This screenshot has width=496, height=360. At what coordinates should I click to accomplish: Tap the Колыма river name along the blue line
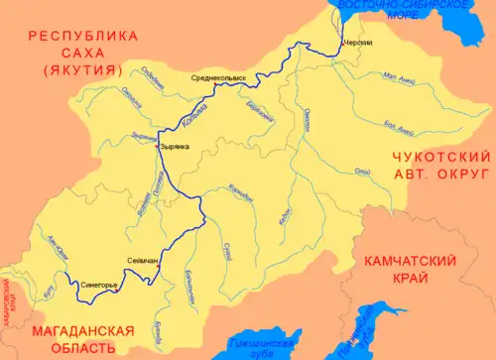(x=186, y=118)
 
